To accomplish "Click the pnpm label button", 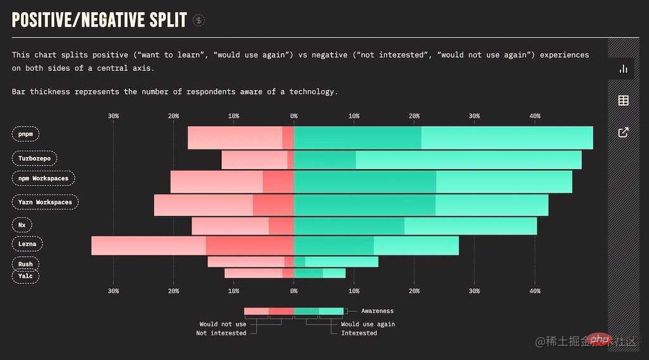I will tap(25, 134).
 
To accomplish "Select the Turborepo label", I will tap(35, 158).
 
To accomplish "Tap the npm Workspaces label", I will tap(43, 179).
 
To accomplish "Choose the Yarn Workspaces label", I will tap(44, 202).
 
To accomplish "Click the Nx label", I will tap(22, 225).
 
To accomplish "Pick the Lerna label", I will tap(27, 244).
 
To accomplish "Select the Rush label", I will tap(25, 264).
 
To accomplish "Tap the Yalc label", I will tap(25, 276).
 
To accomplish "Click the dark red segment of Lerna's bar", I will tap(250, 245).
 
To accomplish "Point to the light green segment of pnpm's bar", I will tap(507, 138).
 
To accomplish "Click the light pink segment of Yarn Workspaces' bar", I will tap(203, 205).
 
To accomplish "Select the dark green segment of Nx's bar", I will tap(349, 226).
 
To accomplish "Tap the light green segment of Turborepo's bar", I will tap(468, 160).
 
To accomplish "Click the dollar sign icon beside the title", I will tap(199, 20).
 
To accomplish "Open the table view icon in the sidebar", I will tap(623, 100).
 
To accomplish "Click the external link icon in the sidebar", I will tap(623, 132).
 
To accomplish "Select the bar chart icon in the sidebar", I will tap(623, 68).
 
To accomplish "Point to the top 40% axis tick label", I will tap(534, 116).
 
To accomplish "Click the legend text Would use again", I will tap(368, 324).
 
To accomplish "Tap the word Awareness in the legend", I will tap(377, 311).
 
